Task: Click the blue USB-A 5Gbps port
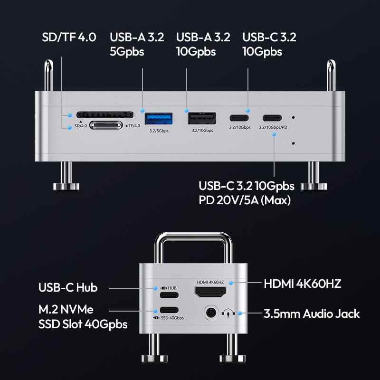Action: [x=159, y=118]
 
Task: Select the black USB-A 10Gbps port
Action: [x=202, y=118]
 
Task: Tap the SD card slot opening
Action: [x=105, y=114]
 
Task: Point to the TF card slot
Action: [x=106, y=125]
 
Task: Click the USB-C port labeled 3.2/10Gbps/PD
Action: [x=272, y=118]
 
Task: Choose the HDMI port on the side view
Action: [x=210, y=292]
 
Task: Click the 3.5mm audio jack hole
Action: [x=210, y=313]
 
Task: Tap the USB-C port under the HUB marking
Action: [x=169, y=295]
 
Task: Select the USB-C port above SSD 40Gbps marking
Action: [x=169, y=310]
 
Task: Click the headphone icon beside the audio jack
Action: [x=228, y=313]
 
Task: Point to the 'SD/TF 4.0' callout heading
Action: [x=69, y=38]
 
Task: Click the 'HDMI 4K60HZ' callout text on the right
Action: [x=303, y=284]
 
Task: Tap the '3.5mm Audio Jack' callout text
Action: [x=312, y=313]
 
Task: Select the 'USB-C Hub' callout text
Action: [x=68, y=288]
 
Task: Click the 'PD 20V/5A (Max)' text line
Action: [x=245, y=200]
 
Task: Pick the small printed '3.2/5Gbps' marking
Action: [x=159, y=131]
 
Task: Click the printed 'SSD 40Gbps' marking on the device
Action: [x=172, y=318]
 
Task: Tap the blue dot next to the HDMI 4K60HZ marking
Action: [x=231, y=283]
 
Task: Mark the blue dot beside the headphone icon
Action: [x=240, y=313]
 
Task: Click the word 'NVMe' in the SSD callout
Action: [x=77, y=310]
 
